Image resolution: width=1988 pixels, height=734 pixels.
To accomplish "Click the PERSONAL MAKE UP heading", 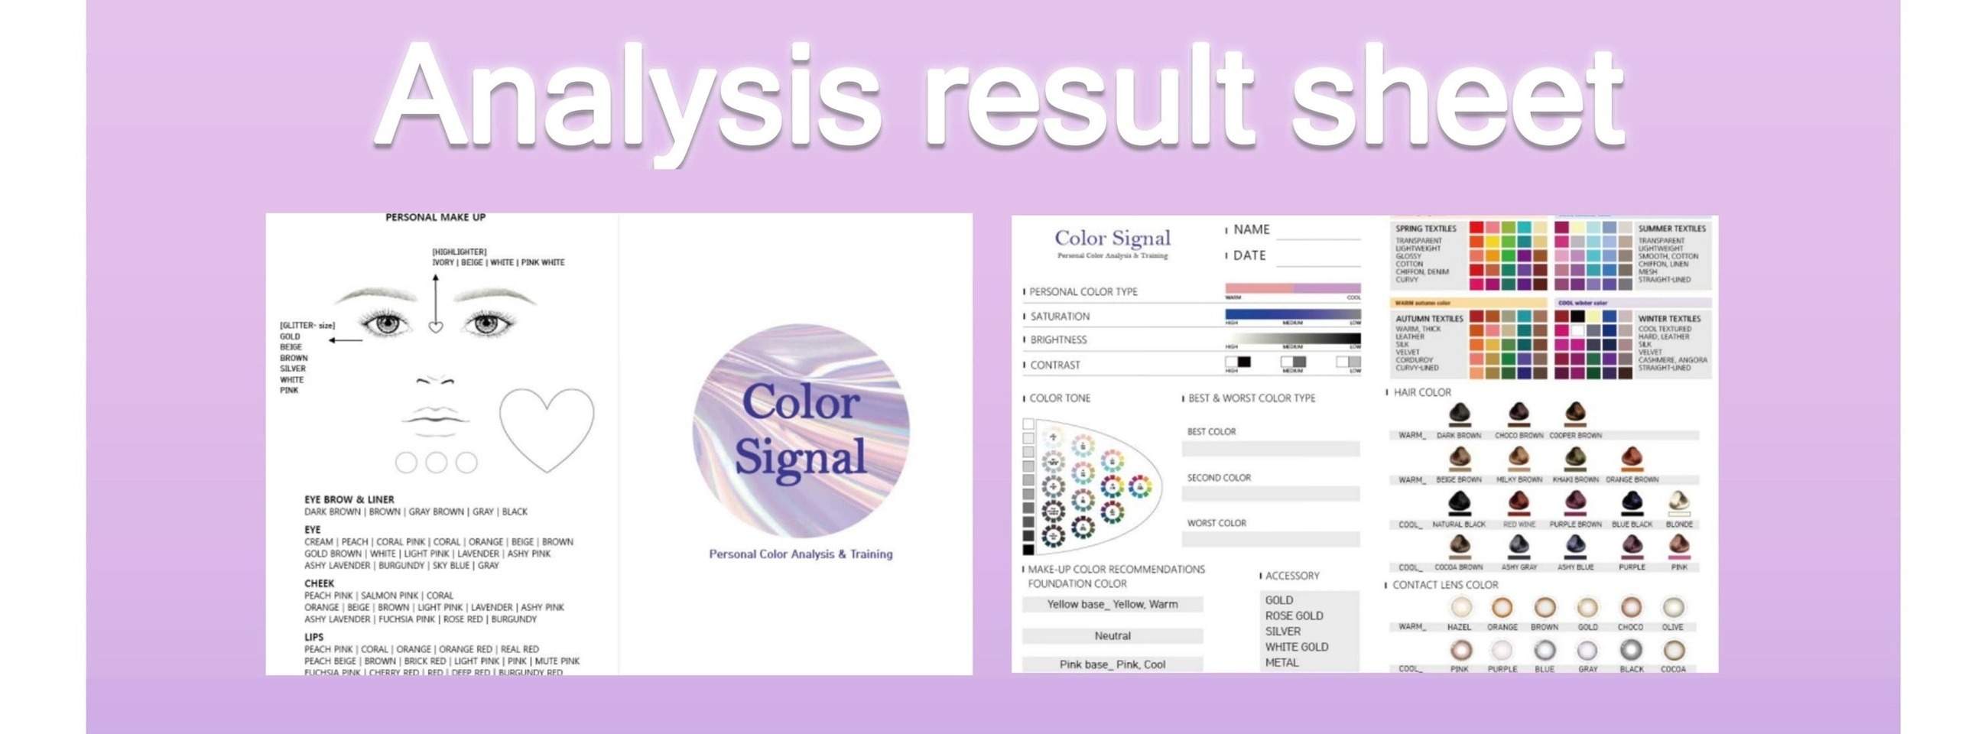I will pos(435,218).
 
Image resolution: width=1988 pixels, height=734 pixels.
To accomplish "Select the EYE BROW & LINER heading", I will pos(349,499).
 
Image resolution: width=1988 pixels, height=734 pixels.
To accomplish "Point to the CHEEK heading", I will pos(319,583).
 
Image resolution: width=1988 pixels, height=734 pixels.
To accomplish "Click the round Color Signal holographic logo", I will pos(801,430).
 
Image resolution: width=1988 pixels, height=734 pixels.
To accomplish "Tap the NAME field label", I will pos(1251,229).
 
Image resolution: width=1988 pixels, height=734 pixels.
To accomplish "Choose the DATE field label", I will pos(1249,255).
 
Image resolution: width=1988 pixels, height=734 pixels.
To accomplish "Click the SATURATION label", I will pos(1060,317).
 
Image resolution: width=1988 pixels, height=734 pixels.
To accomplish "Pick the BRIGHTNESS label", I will pos(1058,339).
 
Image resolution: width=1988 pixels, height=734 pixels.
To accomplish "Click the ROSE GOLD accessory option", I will pos(1294,616).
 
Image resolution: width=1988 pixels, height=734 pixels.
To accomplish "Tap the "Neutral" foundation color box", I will pos(1112,636).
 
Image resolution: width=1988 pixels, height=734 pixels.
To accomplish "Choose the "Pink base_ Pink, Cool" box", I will pos(1112,664).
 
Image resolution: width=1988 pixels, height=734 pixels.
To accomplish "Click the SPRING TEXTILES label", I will pos(1425,229).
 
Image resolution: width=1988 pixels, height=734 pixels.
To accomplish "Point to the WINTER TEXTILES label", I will pos(1669,318).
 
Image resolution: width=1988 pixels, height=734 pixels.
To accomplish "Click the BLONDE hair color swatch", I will pos(1678,504).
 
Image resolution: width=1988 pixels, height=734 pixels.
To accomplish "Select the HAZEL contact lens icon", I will pos(1459,608).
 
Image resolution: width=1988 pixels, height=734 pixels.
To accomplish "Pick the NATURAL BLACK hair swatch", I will pos(1459,504).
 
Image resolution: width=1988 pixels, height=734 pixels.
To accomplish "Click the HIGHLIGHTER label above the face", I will pos(460,252).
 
